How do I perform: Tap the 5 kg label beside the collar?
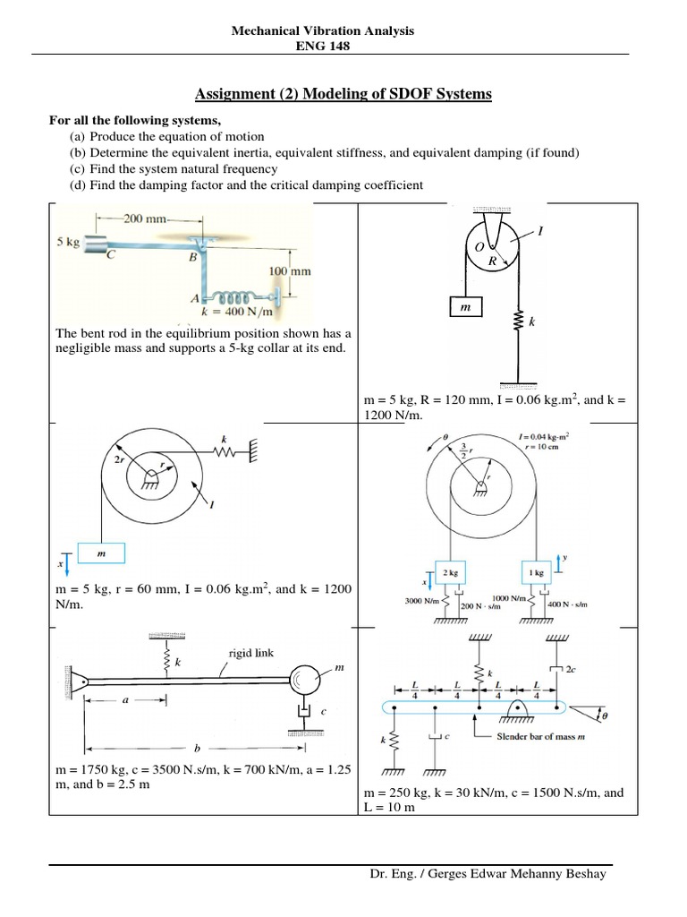pyautogui.click(x=72, y=241)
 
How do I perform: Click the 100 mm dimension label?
pyautogui.click(x=290, y=270)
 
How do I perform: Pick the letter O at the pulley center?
pyautogui.click(x=479, y=245)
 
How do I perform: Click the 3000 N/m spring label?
pyautogui.click(x=421, y=599)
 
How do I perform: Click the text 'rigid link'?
pyautogui.click(x=250, y=653)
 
